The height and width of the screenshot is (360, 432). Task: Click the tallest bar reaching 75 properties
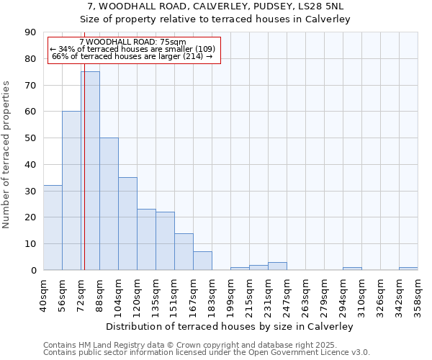(x=90, y=171)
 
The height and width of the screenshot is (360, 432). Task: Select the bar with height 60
(x=71, y=191)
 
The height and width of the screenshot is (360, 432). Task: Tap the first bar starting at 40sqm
(x=53, y=228)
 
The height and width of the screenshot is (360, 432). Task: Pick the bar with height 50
(x=109, y=204)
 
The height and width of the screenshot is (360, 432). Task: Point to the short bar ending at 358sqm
(x=408, y=269)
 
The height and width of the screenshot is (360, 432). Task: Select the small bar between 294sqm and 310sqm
(x=352, y=269)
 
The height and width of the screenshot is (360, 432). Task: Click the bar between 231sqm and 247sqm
(x=277, y=266)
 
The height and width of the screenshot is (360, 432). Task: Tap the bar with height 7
(x=202, y=261)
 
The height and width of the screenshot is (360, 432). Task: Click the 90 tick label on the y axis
(x=30, y=32)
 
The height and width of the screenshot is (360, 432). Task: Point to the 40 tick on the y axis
(x=30, y=165)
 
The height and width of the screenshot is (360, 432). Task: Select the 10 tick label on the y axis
(x=30, y=244)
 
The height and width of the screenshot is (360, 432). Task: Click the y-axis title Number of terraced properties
(x=7, y=155)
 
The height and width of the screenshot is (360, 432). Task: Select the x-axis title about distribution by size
(x=234, y=326)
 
